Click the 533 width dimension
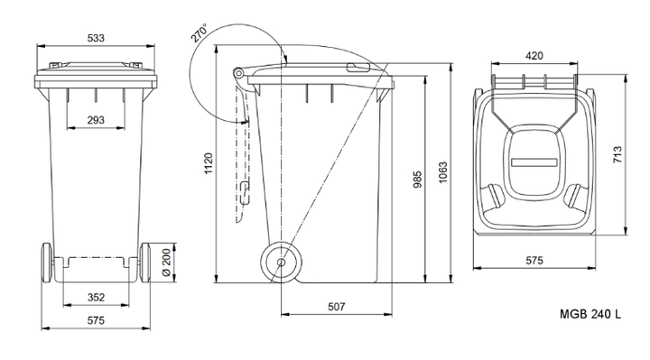click(x=96, y=38)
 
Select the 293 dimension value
click(x=96, y=120)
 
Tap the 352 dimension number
click(x=97, y=298)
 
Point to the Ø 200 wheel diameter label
click(x=166, y=263)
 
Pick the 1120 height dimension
click(x=209, y=163)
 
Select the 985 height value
click(x=418, y=180)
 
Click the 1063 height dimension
click(x=443, y=172)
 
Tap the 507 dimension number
click(x=336, y=307)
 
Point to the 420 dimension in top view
click(x=534, y=56)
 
